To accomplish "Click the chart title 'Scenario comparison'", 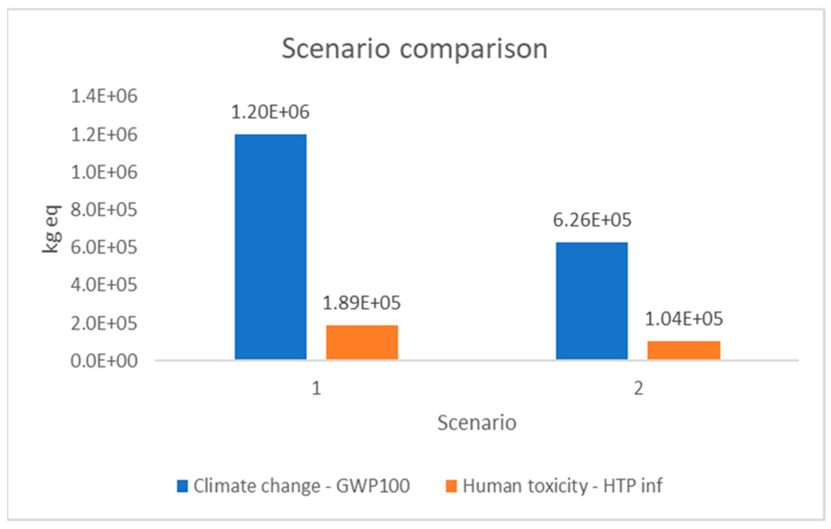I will (x=414, y=49).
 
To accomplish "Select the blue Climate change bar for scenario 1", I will (x=271, y=247).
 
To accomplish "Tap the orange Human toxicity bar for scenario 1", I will (x=362, y=342).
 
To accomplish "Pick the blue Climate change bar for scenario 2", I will (x=592, y=301).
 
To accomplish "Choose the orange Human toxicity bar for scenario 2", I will (x=684, y=350).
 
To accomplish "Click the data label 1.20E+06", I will (x=270, y=112).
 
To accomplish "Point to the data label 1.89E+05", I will (x=361, y=303).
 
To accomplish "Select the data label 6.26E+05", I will (x=592, y=220).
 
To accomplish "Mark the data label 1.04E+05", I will (x=684, y=319).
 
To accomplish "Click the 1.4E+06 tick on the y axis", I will (x=104, y=96).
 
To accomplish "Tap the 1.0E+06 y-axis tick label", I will (x=104, y=172).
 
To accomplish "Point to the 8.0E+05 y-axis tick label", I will (x=104, y=210).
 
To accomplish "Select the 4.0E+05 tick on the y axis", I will (x=104, y=285).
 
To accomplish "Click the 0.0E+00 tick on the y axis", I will (x=104, y=361).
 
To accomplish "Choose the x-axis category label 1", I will (x=316, y=389).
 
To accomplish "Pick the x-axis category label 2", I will (x=638, y=389).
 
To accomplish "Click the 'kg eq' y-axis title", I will (x=52, y=229).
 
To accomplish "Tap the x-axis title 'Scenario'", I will (x=477, y=423).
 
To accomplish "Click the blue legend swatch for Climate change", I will (x=182, y=486).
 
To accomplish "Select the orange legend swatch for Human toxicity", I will (x=451, y=486).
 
